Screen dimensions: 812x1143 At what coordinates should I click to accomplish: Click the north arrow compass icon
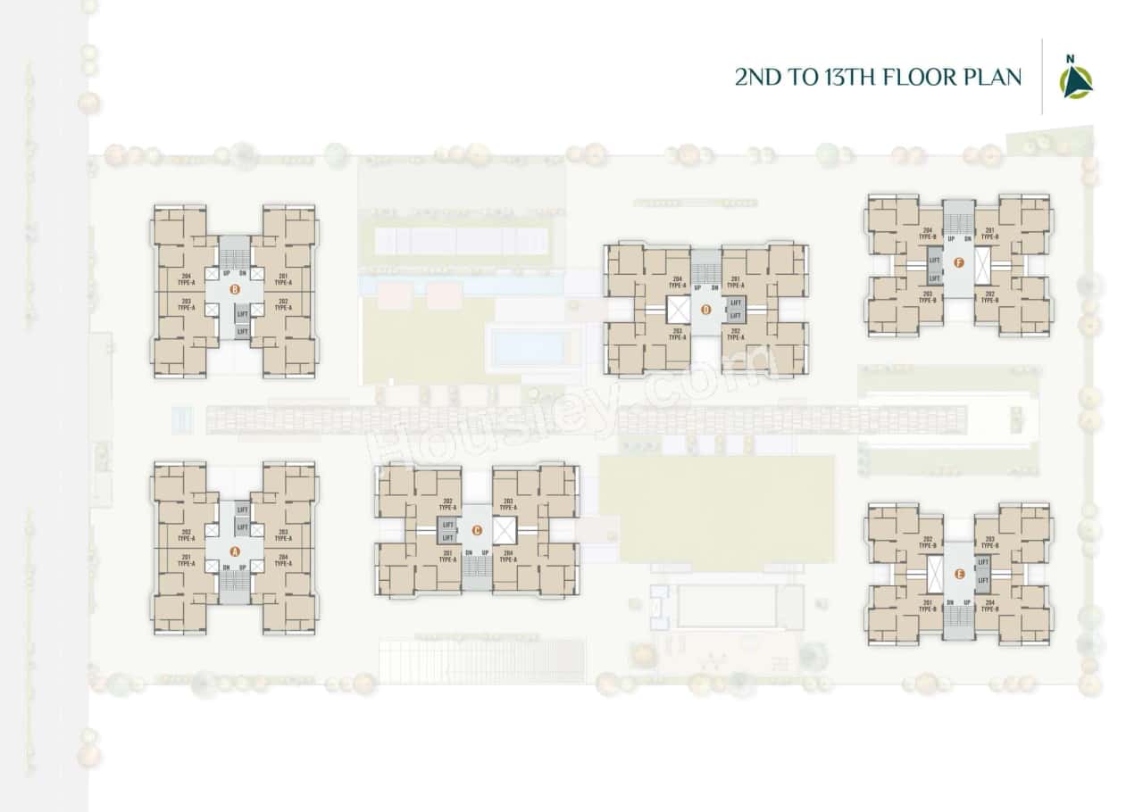(x=1075, y=79)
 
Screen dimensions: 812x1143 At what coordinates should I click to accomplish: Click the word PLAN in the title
(x=989, y=78)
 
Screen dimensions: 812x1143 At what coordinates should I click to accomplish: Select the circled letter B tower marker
(x=235, y=289)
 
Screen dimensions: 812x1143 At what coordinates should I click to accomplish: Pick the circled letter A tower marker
(x=235, y=551)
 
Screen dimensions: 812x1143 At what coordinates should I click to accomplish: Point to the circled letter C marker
(x=477, y=531)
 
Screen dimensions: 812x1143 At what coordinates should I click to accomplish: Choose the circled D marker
(x=705, y=310)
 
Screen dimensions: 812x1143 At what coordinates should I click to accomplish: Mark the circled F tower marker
(x=959, y=262)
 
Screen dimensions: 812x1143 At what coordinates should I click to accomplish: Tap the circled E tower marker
(x=959, y=574)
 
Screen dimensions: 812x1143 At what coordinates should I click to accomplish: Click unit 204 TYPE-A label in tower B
(x=187, y=279)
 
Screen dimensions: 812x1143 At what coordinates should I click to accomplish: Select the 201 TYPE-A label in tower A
(x=187, y=560)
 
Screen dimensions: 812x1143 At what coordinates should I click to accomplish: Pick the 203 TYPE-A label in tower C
(x=507, y=504)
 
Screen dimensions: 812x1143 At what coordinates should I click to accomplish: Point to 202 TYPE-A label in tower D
(x=736, y=334)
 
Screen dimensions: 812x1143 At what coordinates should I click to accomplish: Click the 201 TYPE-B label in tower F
(x=989, y=233)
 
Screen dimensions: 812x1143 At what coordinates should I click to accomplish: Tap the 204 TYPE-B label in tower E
(x=989, y=607)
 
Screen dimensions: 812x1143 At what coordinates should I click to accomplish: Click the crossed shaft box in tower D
(x=679, y=310)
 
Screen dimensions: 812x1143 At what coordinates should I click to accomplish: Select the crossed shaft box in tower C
(x=504, y=531)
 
